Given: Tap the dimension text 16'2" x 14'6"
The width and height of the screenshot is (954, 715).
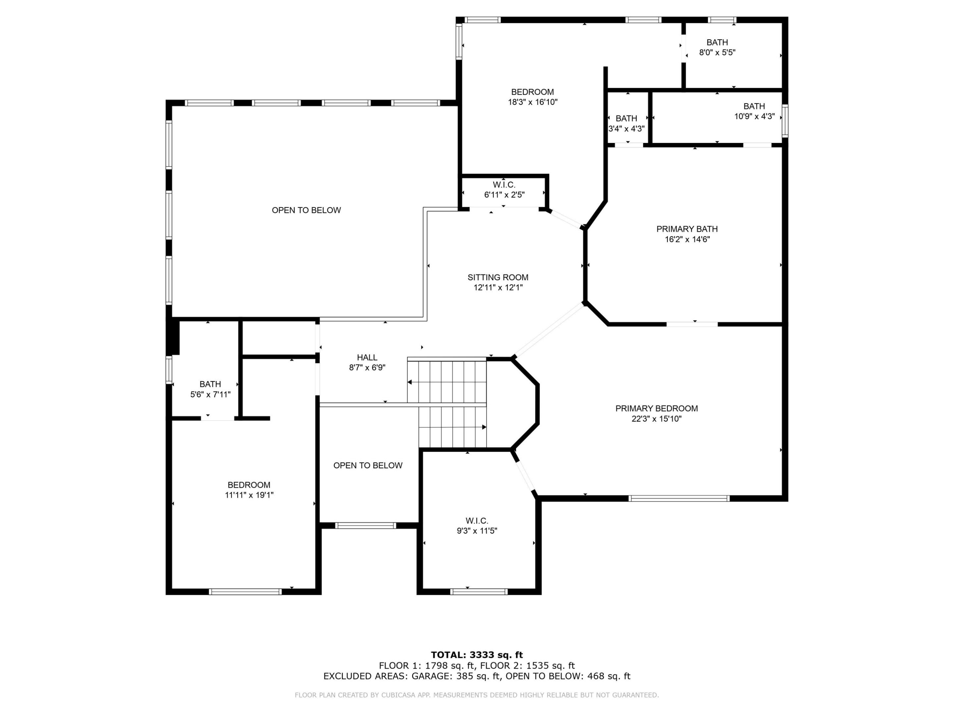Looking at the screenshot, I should coord(687,239).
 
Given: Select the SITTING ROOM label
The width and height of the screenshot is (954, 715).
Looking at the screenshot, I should coord(498,277).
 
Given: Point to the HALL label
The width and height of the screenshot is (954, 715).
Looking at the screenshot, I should coord(367,357).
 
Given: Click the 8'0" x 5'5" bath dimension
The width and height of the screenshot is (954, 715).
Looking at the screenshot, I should coord(717,53).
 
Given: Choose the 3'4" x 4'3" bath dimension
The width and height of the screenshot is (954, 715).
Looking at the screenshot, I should coord(626,128).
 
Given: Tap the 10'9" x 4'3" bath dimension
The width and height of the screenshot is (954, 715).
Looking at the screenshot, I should coord(754,117).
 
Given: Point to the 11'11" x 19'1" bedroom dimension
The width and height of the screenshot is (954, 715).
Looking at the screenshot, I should coord(249,495).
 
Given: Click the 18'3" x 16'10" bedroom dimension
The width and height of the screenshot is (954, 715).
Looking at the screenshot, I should coord(532,102).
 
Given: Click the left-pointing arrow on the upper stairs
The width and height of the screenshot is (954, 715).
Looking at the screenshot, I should coord(410,382).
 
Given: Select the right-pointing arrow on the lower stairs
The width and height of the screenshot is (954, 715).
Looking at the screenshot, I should coord(484,427).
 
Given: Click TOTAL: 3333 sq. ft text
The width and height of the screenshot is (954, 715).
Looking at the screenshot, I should coord(477,655).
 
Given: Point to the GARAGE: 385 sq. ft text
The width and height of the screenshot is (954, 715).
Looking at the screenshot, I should coord(456,676).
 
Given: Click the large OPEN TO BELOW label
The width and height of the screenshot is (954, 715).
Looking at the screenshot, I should coord(306,210).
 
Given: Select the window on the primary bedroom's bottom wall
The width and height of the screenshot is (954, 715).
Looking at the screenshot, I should coord(679,499).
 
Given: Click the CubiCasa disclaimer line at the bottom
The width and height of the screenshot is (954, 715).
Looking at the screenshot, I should coord(477,695).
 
